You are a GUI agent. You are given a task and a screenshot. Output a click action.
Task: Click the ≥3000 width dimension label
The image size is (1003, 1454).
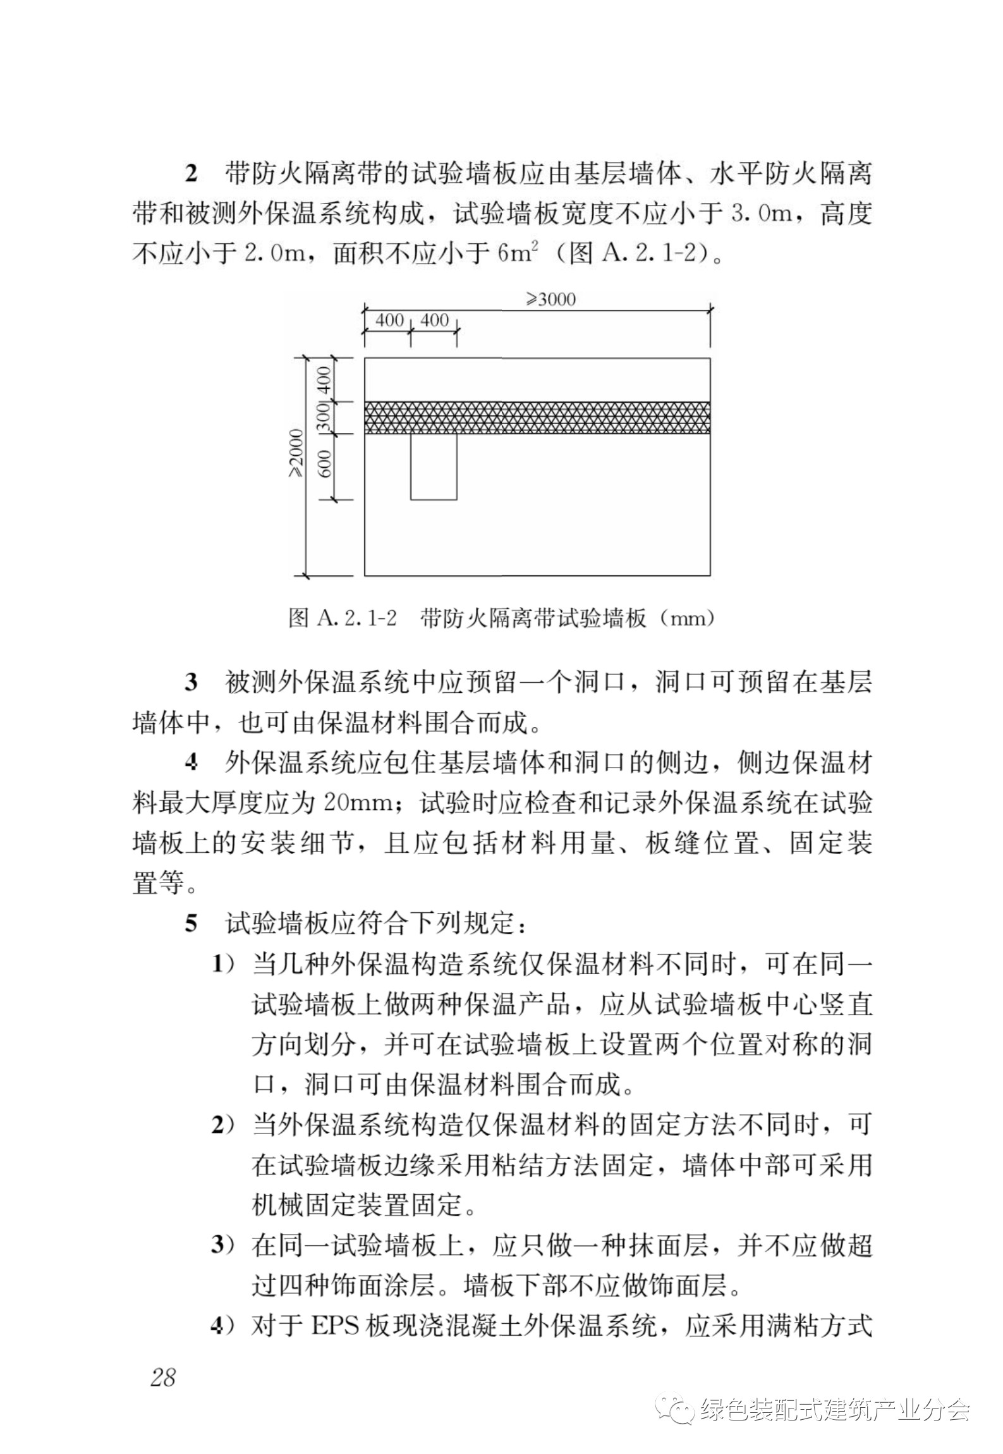tap(551, 299)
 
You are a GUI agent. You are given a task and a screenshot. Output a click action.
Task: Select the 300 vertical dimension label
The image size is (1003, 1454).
tap(324, 418)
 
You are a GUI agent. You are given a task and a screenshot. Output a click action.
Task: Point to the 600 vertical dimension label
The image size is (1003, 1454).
tap(324, 467)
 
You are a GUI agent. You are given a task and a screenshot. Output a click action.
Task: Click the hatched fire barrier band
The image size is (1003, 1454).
tap(537, 417)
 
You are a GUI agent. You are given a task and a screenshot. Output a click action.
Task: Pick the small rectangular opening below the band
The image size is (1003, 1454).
tap(434, 466)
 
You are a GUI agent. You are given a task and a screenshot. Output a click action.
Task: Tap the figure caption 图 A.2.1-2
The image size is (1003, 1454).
tap(342, 618)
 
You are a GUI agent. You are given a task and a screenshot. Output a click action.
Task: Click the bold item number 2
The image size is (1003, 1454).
tap(191, 174)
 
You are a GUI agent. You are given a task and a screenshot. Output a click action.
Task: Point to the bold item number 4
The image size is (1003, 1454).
tap(191, 764)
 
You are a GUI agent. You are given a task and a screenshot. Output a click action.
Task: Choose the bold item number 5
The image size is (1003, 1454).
tap(191, 925)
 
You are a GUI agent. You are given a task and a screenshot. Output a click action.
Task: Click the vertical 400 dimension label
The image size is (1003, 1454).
tap(324, 380)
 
